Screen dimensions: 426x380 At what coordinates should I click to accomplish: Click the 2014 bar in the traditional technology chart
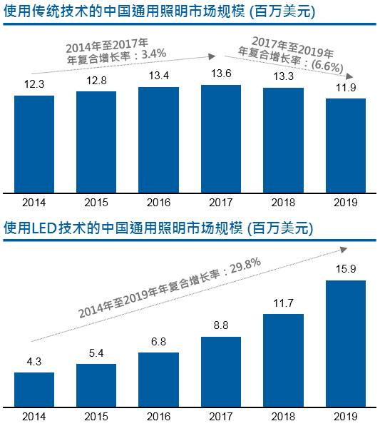tap(34, 143)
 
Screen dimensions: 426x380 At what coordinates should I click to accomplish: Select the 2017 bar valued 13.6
tap(221, 138)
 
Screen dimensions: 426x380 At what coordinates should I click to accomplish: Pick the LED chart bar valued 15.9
tap(346, 343)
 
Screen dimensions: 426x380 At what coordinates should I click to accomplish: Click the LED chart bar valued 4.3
tap(34, 389)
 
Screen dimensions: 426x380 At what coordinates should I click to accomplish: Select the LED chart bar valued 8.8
tap(221, 371)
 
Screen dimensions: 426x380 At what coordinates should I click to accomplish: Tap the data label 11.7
tap(284, 303)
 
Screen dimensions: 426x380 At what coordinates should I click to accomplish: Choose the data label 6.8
tap(158, 342)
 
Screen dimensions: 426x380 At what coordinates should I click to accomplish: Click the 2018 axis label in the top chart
tap(284, 203)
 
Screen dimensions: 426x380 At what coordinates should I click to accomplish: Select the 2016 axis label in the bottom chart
tap(158, 416)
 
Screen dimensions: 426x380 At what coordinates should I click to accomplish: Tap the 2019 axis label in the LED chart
tap(346, 416)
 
